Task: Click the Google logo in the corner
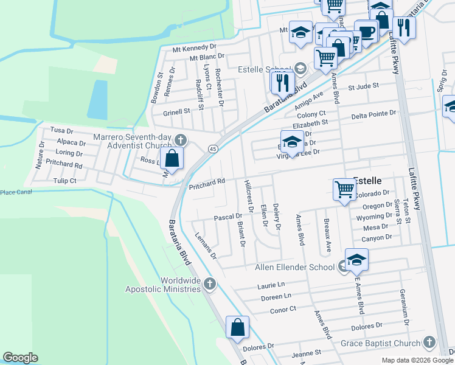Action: click(x=20, y=358)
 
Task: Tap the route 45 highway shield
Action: click(x=213, y=148)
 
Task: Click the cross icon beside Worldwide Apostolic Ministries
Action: click(x=209, y=283)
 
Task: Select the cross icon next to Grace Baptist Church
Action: click(x=429, y=342)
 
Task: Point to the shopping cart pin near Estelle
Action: click(x=344, y=189)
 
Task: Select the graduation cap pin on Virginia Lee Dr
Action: click(x=292, y=142)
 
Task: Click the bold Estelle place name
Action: click(x=367, y=181)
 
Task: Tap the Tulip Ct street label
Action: click(x=64, y=181)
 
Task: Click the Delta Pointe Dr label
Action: click(x=373, y=113)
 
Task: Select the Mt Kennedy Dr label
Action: click(x=194, y=46)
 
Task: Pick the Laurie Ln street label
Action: click(x=271, y=285)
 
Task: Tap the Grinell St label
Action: click(x=176, y=112)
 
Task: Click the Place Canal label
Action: click(x=15, y=192)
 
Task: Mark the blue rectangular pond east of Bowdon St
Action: click(x=97, y=100)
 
